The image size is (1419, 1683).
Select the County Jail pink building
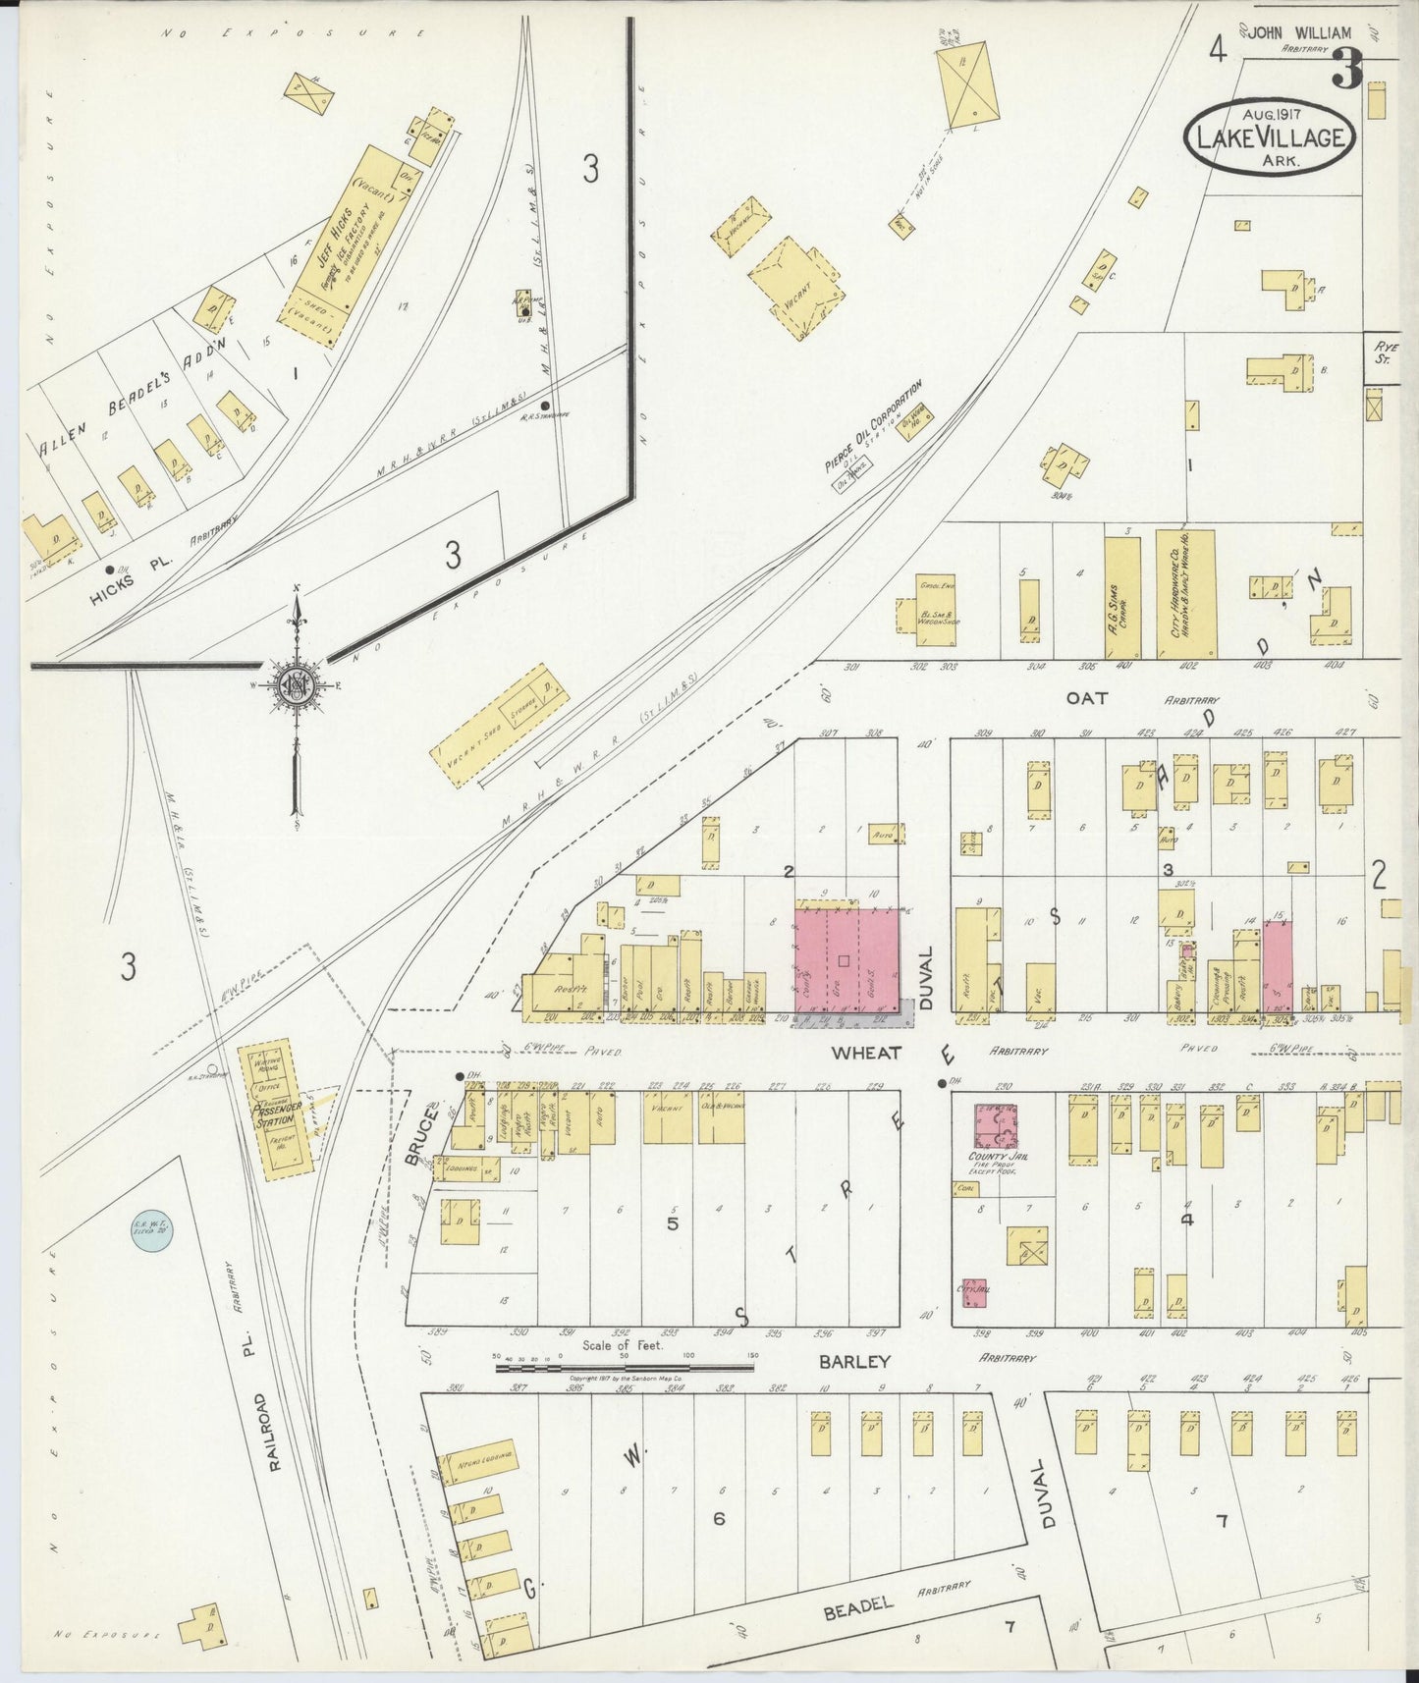995,1125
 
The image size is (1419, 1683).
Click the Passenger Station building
276,1110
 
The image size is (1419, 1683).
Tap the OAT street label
1087,698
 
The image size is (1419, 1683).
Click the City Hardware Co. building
1185,594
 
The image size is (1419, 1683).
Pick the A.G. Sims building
1122,596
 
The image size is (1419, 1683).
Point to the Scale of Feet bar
625,1366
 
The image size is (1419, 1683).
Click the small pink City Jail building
974,1293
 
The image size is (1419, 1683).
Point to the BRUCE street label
421,1135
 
